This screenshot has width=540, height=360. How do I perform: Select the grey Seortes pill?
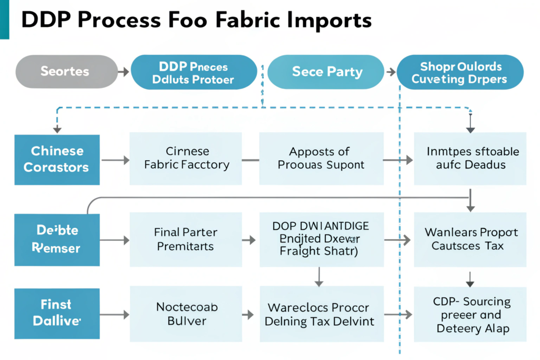(x=65, y=71)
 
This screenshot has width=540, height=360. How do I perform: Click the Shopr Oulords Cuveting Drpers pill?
(x=460, y=73)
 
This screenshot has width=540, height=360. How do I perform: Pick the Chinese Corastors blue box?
(x=57, y=159)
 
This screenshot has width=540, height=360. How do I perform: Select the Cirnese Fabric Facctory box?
(x=186, y=158)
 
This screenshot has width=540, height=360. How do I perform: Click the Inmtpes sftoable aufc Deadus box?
(x=470, y=158)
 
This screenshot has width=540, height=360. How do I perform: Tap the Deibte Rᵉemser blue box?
(x=57, y=239)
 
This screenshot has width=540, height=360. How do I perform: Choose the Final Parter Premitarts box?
(x=186, y=239)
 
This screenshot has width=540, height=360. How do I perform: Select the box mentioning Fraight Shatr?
(x=321, y=239)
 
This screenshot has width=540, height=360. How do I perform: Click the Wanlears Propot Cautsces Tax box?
(x=470, y=239)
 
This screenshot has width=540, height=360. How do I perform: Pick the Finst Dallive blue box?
(x=57, y=314)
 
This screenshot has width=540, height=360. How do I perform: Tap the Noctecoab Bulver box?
(x=186, y=314)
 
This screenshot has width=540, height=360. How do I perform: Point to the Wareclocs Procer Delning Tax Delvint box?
(x=321, y=314)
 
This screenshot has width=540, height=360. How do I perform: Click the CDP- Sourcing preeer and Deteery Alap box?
(x=470, y=315)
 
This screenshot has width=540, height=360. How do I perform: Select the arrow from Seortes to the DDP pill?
(x=122, y=72)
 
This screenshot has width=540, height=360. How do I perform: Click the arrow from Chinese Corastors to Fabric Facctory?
(x=114, y=159)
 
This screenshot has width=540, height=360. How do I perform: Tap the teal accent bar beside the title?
(x=4, y=20)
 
